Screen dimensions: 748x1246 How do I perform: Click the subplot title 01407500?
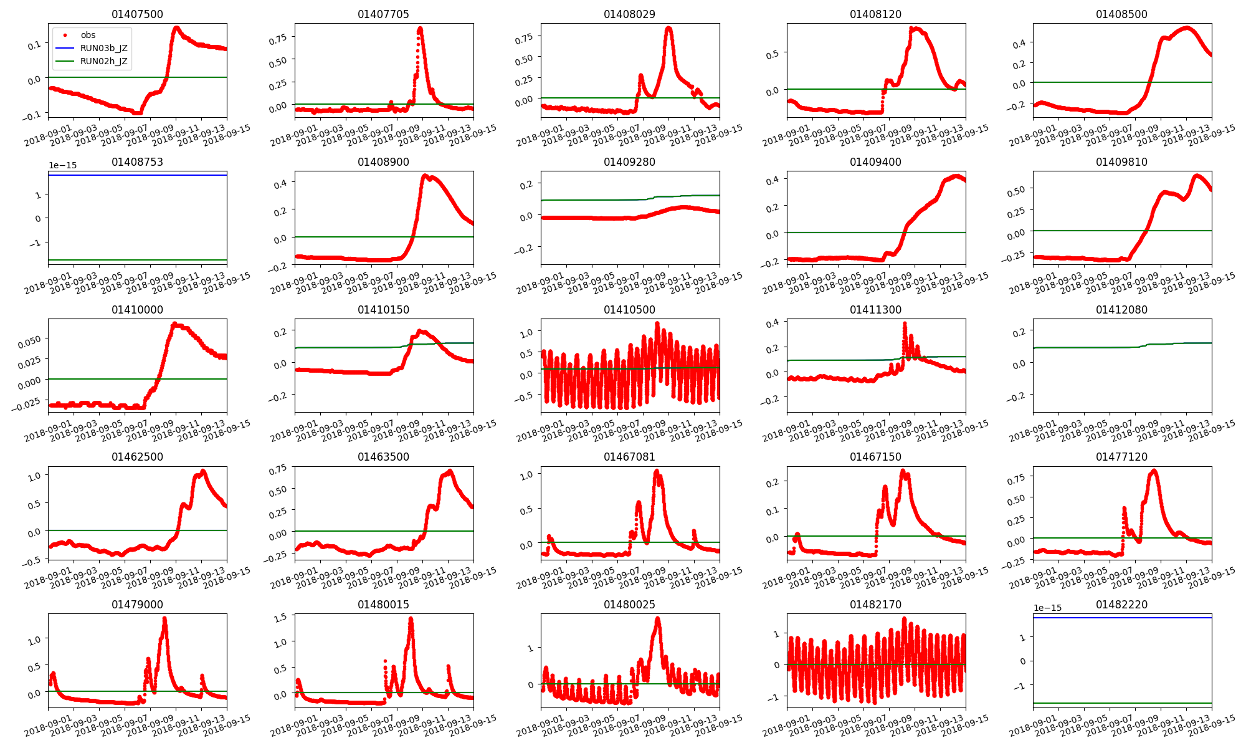tap(137, 14)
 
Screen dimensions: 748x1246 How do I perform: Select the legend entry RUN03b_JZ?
tap(103, 48)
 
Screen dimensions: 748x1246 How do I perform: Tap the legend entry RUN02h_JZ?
tap(103, 61)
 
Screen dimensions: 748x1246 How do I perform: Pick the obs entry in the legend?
tap(88, 35)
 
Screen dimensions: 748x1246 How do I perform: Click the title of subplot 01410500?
tap(629, 310)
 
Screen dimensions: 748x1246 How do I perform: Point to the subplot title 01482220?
tap(1121, 605)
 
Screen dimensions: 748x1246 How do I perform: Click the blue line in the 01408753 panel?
tap(137, 175)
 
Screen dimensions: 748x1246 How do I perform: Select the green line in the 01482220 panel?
tap(1121, 703)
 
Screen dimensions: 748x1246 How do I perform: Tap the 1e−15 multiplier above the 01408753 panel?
tap(63, 165)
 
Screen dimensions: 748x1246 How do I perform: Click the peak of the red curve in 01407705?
tap(420, 28)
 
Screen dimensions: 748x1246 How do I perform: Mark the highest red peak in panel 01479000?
tap(164, 618)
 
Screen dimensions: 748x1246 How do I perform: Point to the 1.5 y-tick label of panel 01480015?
tap(280, 617)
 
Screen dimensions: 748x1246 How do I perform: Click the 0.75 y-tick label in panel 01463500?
tap(278, 469)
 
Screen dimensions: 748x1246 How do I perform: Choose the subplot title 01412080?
tap(1121, 310)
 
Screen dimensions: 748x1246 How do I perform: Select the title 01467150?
tap(875, 457)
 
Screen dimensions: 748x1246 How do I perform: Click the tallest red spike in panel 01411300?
tap(905, 324)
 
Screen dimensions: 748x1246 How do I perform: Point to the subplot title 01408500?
tap(1121, 14)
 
